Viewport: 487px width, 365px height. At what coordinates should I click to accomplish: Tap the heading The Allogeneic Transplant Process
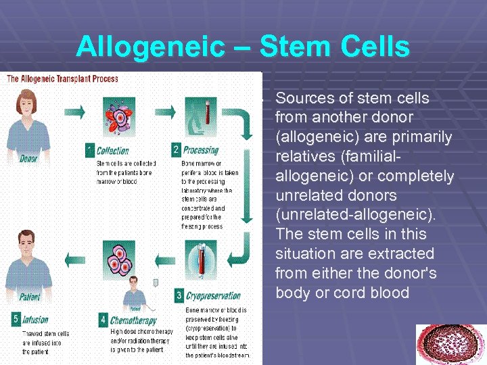click(x=62, y=79)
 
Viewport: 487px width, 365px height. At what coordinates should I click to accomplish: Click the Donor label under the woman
click(x=28, y=159)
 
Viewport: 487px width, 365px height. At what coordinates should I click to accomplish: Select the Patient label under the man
click(x=29, y=296)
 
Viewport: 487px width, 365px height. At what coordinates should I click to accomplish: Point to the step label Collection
click(x=112, y=151)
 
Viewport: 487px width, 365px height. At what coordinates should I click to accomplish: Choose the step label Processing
click(x=201, y=150)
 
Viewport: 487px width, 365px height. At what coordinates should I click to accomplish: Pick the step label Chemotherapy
click(x=133, y=320)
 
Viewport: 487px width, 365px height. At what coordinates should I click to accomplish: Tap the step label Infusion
click(x=34, y=320)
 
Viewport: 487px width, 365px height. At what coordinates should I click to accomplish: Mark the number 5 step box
click(x=15, y=320)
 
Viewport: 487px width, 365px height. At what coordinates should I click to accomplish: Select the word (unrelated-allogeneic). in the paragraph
click(x=356, y=214)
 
